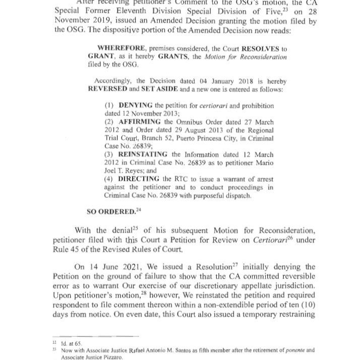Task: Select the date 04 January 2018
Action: [x=204, y=80]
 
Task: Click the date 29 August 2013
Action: [x=189, y=130]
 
